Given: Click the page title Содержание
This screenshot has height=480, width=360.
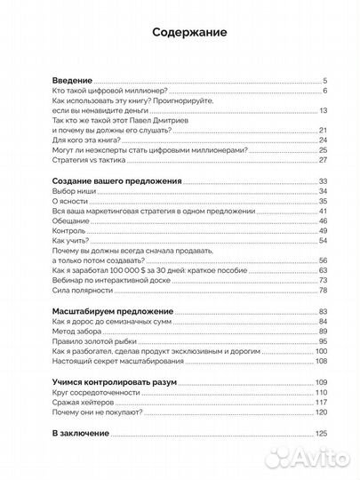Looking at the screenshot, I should tap(180, 32).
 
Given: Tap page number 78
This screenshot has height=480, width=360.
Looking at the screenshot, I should tap(324, 291).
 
